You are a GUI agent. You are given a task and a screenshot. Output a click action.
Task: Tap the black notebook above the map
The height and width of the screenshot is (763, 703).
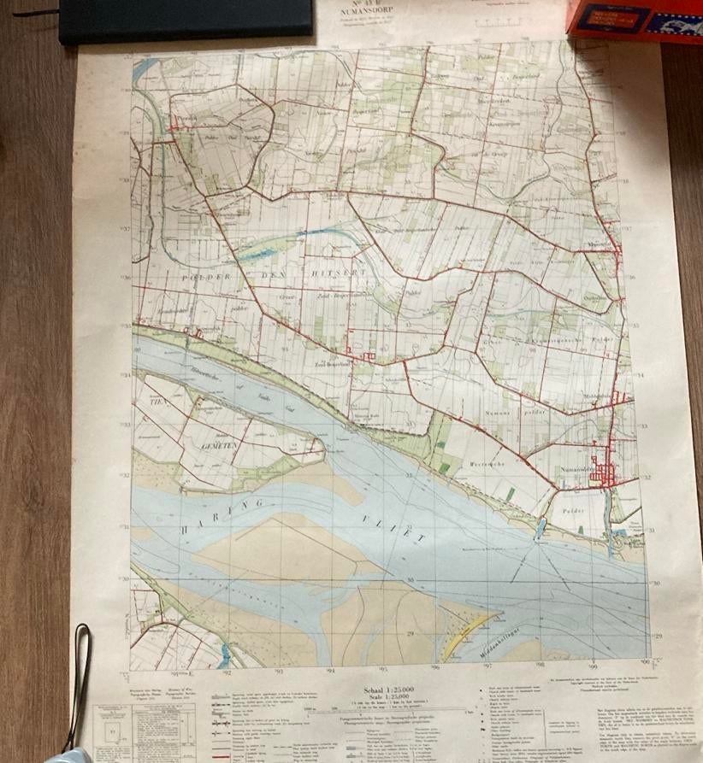[185, 19]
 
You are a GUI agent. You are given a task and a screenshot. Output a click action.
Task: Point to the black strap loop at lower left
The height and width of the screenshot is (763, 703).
[82, 684]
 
